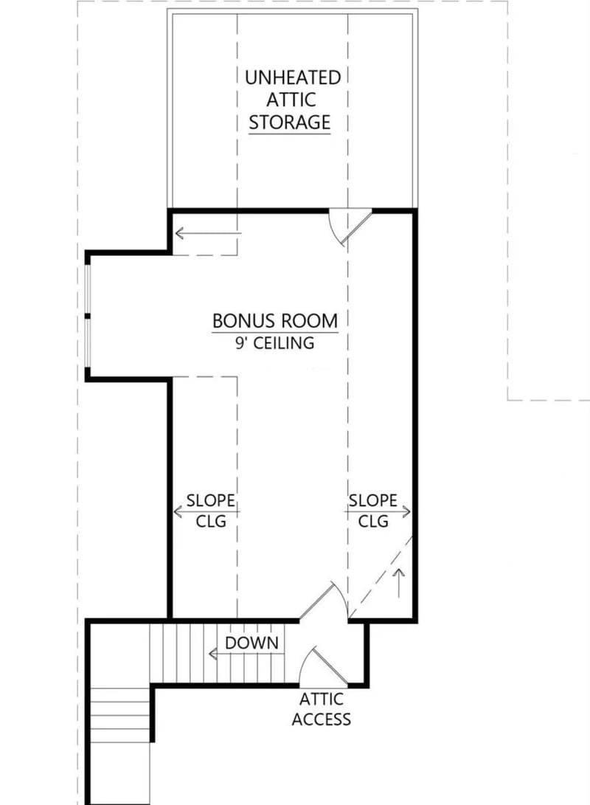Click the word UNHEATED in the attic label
point(293,77)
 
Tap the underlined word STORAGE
point(289,122)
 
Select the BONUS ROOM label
point(275,321)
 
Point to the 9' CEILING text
point(275,343)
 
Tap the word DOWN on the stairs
point(252,643)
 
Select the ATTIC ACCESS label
point(321,709)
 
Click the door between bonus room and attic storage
point(348,225)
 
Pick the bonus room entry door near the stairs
point(324,601)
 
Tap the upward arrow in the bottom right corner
point(400,579)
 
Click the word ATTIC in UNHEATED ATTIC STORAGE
point(293,100)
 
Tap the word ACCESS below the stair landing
point(321,719)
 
